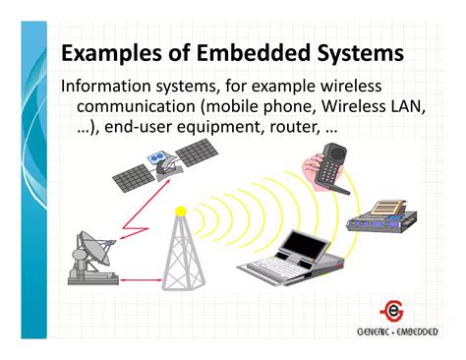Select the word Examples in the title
[x=111, y=52]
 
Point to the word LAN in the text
[x=406, y=107]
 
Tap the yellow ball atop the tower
[x=180, y=210]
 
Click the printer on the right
[x=386, y=215]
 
